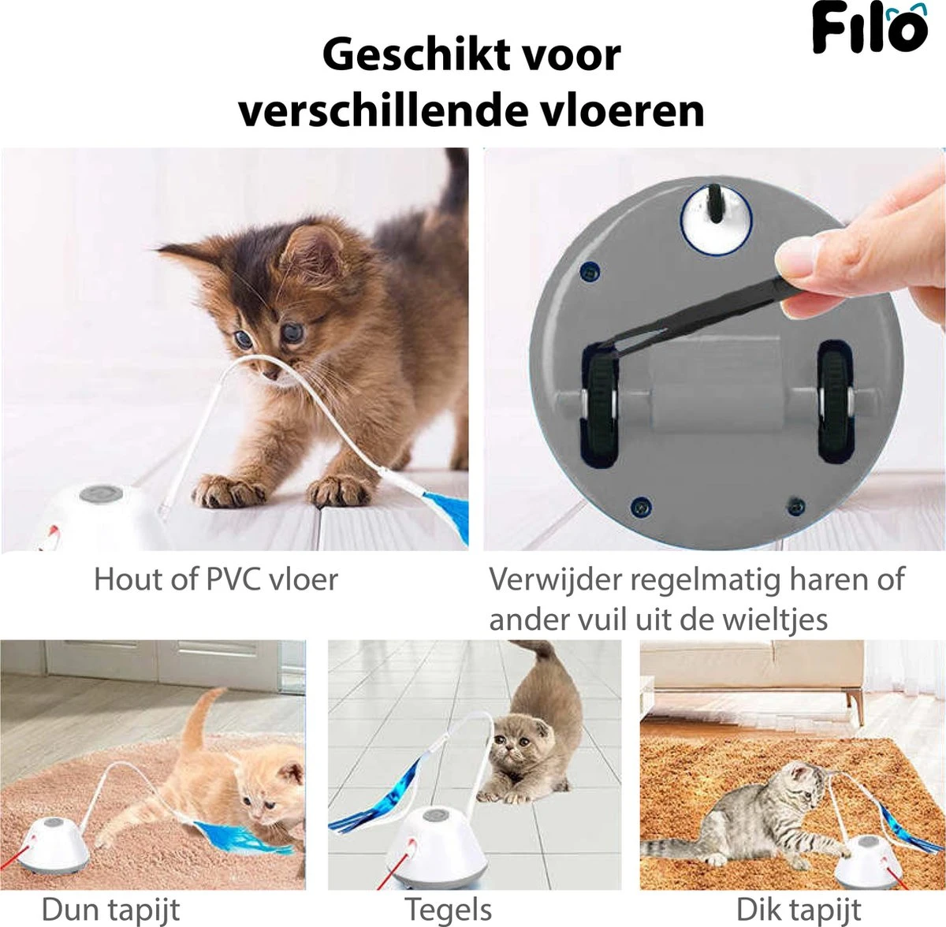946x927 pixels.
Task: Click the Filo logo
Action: point(869,30)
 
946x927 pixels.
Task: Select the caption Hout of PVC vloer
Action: point(215,579)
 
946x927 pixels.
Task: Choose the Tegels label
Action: point(448,909)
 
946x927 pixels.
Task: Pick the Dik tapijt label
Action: point(798,909)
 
